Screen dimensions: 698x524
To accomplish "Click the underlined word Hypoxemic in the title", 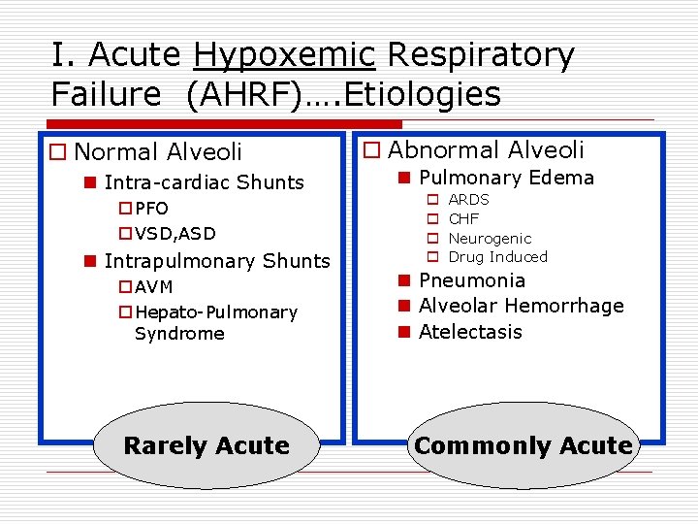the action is pyautogui.click(x=283, y=56).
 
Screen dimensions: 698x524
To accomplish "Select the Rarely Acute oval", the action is pyautogui.click(x=206, y=445).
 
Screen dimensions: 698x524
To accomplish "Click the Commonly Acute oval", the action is pyautogui.click(x=523, y=445).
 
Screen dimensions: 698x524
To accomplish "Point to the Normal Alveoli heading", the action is pyautogui.click(x=157, y=151).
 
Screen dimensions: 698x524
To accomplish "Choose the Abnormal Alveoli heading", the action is pyautogui.click(x=486, y=149).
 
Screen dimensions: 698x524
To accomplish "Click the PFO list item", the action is pyautogui.click(x=151, y=209).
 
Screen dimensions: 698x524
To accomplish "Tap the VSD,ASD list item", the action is pyautogui.click(x=174, y=233).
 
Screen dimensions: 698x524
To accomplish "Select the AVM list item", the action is pyautogui.click(x=154, y=287).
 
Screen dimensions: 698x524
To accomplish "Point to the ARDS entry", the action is pyautogui.click(x=468, y=200).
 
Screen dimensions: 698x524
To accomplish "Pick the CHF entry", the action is pyautogui.click(x=463, y=218).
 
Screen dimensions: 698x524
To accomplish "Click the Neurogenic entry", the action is pyautogui.click(x=490, y=238).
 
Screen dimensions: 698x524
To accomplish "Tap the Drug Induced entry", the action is pyautogui.click(x=497, y=257).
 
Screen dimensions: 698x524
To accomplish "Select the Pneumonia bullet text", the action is pyautogui.click(x=472, y=280).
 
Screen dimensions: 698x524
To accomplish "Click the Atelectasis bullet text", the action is pyautogui.click(x=470, y=332).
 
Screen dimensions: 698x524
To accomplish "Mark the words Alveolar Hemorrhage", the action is pyautogui.click(x=522, y=306).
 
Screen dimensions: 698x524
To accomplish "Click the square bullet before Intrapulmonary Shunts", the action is pyautogui.click(x=89, y=261).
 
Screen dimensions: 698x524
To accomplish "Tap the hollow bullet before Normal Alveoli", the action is pyautogui.click(x=58, y=152).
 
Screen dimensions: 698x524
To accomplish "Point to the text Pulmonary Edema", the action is pyautogui.click(x=506, y=178).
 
